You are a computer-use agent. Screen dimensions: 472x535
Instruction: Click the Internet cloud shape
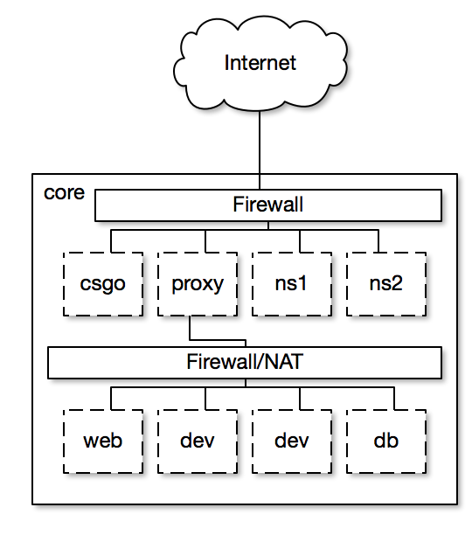point(260,64)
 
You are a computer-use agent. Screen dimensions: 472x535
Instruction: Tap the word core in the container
point(64,193)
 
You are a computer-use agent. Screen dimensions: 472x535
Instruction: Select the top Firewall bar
point(268,205)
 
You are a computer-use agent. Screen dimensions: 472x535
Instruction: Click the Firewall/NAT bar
point(245,363)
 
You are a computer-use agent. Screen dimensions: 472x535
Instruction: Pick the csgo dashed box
point(102,284)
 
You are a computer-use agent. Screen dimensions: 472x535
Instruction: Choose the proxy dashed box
point(198,284)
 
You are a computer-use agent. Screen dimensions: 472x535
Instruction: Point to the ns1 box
point(292,284)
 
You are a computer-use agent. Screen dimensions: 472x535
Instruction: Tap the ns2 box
point(386,284)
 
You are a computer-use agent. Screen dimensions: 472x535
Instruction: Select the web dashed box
point(102,441)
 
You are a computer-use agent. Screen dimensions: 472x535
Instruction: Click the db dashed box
point(386,441)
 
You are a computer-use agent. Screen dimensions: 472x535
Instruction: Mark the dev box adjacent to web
point(198,441)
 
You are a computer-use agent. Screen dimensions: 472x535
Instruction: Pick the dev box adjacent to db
point(292,441)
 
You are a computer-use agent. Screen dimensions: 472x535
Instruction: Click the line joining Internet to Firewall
point(260,150)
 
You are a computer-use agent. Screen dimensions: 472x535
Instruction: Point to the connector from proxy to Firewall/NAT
point(218,340)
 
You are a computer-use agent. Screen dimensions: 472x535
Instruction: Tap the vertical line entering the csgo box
point(111,241)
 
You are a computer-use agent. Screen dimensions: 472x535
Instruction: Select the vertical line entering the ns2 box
point(378,241)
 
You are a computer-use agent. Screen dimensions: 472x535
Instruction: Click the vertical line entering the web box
point(111,399)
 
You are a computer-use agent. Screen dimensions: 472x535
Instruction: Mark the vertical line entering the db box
point(394,399)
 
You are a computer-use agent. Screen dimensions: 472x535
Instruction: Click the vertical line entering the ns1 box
point(300,241)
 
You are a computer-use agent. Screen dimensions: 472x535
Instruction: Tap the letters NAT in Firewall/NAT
point(283,362)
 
